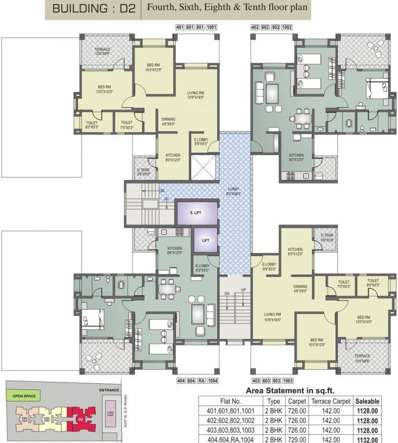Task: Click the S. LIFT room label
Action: pos(196,213)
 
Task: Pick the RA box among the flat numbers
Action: pos(200,381)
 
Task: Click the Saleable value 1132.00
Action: pos(367,439)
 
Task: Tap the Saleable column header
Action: pos(367,400)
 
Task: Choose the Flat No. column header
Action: pos(230,400)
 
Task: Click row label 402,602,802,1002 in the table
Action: pos(230,420)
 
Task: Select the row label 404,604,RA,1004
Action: pos(230,439)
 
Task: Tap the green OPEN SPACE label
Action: pos(24,396)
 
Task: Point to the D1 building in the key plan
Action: pos(110,414)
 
